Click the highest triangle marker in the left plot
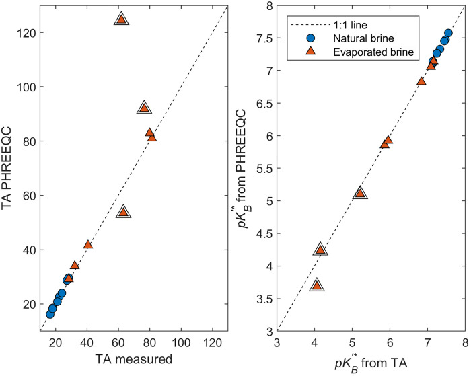(121, 20)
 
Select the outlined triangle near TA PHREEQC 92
(143, 108)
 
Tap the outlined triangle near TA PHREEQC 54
(123, 212)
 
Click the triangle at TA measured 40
(87, 244)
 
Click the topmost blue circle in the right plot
(448, 33)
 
